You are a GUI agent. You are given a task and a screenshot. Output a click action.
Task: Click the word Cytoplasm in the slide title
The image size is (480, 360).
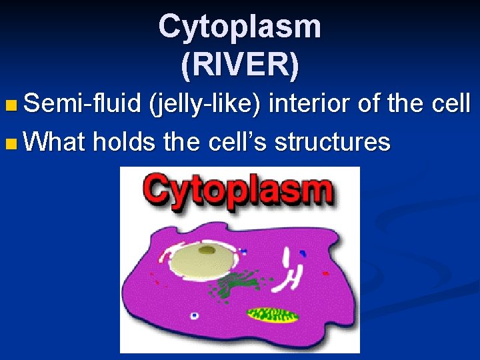240,27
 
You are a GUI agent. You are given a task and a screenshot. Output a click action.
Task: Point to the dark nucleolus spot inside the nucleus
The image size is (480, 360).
208,250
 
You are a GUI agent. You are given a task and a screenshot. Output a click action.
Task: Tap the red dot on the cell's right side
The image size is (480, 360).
325,273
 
